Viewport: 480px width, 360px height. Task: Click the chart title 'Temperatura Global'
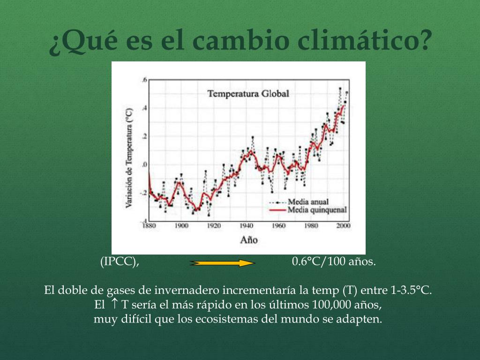248,94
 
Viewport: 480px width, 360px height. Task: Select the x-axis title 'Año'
249,240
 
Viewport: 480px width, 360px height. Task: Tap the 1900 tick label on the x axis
181,225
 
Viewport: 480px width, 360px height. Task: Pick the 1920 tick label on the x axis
214,225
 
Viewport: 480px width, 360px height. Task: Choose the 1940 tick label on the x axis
246,225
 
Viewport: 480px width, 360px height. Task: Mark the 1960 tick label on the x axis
278,225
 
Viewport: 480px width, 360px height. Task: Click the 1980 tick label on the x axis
311,225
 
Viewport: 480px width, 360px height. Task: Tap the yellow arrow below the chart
222,263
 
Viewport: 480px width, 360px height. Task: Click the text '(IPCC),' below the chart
120,262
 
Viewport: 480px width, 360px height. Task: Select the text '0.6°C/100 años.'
334,262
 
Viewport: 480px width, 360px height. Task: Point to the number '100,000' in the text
330,305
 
